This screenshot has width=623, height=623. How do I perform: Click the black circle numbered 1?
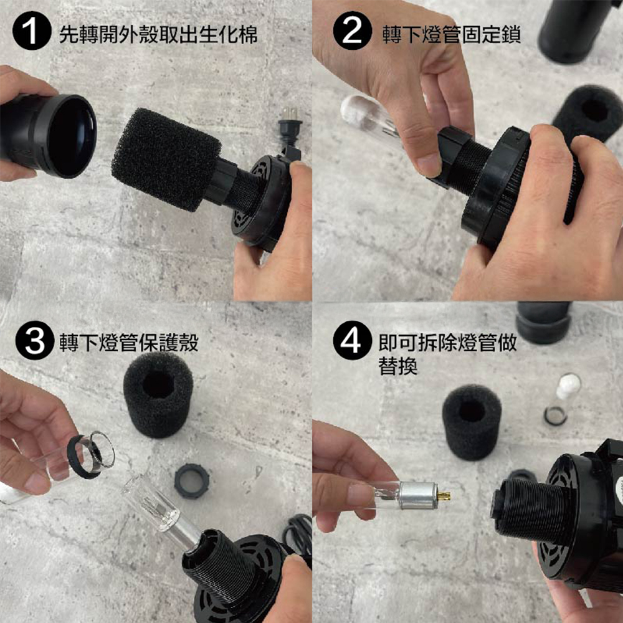coord(32,31)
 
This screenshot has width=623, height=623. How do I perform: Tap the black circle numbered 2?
coord(352,31)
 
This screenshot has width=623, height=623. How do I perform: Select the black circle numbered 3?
coord(34,341)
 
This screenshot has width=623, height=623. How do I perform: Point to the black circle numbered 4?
coord(352,341)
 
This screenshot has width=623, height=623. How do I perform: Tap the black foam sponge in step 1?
coord(166,159)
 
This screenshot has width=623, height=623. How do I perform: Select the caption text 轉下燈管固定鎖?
coord(452,34)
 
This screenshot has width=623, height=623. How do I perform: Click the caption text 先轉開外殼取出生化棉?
coord(158,34)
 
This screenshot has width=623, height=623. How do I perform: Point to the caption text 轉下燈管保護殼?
coord(129,343)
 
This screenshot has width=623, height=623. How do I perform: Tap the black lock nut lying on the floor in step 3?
coord(191,481)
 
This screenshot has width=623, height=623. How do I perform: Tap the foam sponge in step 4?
coord(472,422)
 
